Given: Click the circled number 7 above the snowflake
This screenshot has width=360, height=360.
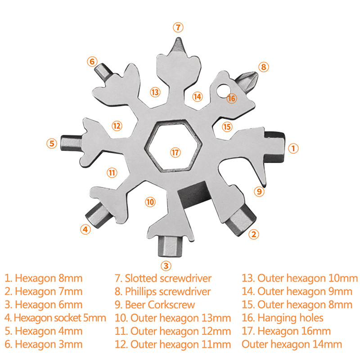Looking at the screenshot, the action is pos(178,27).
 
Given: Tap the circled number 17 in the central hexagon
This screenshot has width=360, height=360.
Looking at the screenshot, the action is pos(175,153).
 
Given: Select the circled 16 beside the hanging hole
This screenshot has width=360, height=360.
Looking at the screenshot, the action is pos(231,99).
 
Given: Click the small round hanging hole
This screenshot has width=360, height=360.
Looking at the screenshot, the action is pos(223,90).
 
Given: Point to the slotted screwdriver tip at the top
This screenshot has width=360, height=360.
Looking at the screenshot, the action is pos(178,47).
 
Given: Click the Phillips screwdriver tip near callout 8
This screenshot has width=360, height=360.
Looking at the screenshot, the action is pos(246,81).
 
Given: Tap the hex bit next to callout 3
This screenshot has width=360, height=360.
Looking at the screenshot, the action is pos(170,246).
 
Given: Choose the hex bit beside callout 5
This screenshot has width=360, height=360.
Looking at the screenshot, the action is pos(72,143).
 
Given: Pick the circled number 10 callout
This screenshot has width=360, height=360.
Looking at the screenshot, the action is pos(150,202).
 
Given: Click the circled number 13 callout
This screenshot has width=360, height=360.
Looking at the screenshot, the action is pos(155,92).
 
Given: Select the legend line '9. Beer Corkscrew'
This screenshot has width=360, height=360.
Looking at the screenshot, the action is pos(155,305).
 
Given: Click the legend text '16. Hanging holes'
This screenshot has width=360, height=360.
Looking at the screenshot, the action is pos(283,318).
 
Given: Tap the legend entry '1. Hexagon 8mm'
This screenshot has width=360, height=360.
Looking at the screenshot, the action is pos(43,278).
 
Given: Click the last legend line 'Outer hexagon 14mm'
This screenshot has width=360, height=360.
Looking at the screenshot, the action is pos(292,344).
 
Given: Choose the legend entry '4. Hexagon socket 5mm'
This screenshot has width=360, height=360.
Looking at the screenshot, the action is pos(55,318).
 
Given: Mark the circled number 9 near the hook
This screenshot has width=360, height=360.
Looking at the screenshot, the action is pos(259,191).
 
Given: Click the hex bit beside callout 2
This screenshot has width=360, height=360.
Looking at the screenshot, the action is pos(241,220).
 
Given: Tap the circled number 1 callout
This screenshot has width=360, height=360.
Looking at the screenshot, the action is pos(293,148).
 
